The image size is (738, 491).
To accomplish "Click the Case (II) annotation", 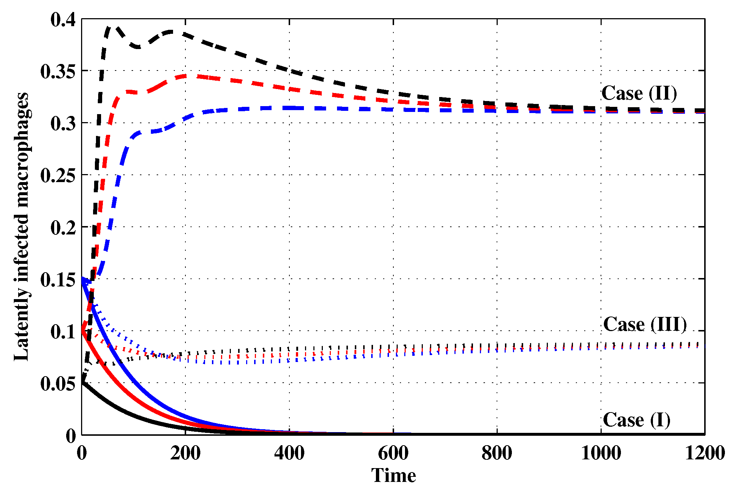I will coord(639,93).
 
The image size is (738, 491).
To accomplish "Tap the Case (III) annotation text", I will coord(645,324).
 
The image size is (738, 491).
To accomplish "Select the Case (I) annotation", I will coord(636,420).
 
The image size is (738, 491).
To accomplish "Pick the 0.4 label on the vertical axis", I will coord(63,20).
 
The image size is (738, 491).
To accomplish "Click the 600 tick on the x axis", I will coord(393,453).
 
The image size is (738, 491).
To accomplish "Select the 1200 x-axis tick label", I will coord(705,453).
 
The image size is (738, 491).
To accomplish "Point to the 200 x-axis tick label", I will coord(185,453).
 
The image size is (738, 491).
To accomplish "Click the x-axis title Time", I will coord(393,475).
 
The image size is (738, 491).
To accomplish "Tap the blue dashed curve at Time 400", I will coord(289,108).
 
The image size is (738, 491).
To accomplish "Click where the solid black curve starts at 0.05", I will coord(82,382).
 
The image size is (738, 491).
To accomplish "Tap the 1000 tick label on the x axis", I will coord(601,453).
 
